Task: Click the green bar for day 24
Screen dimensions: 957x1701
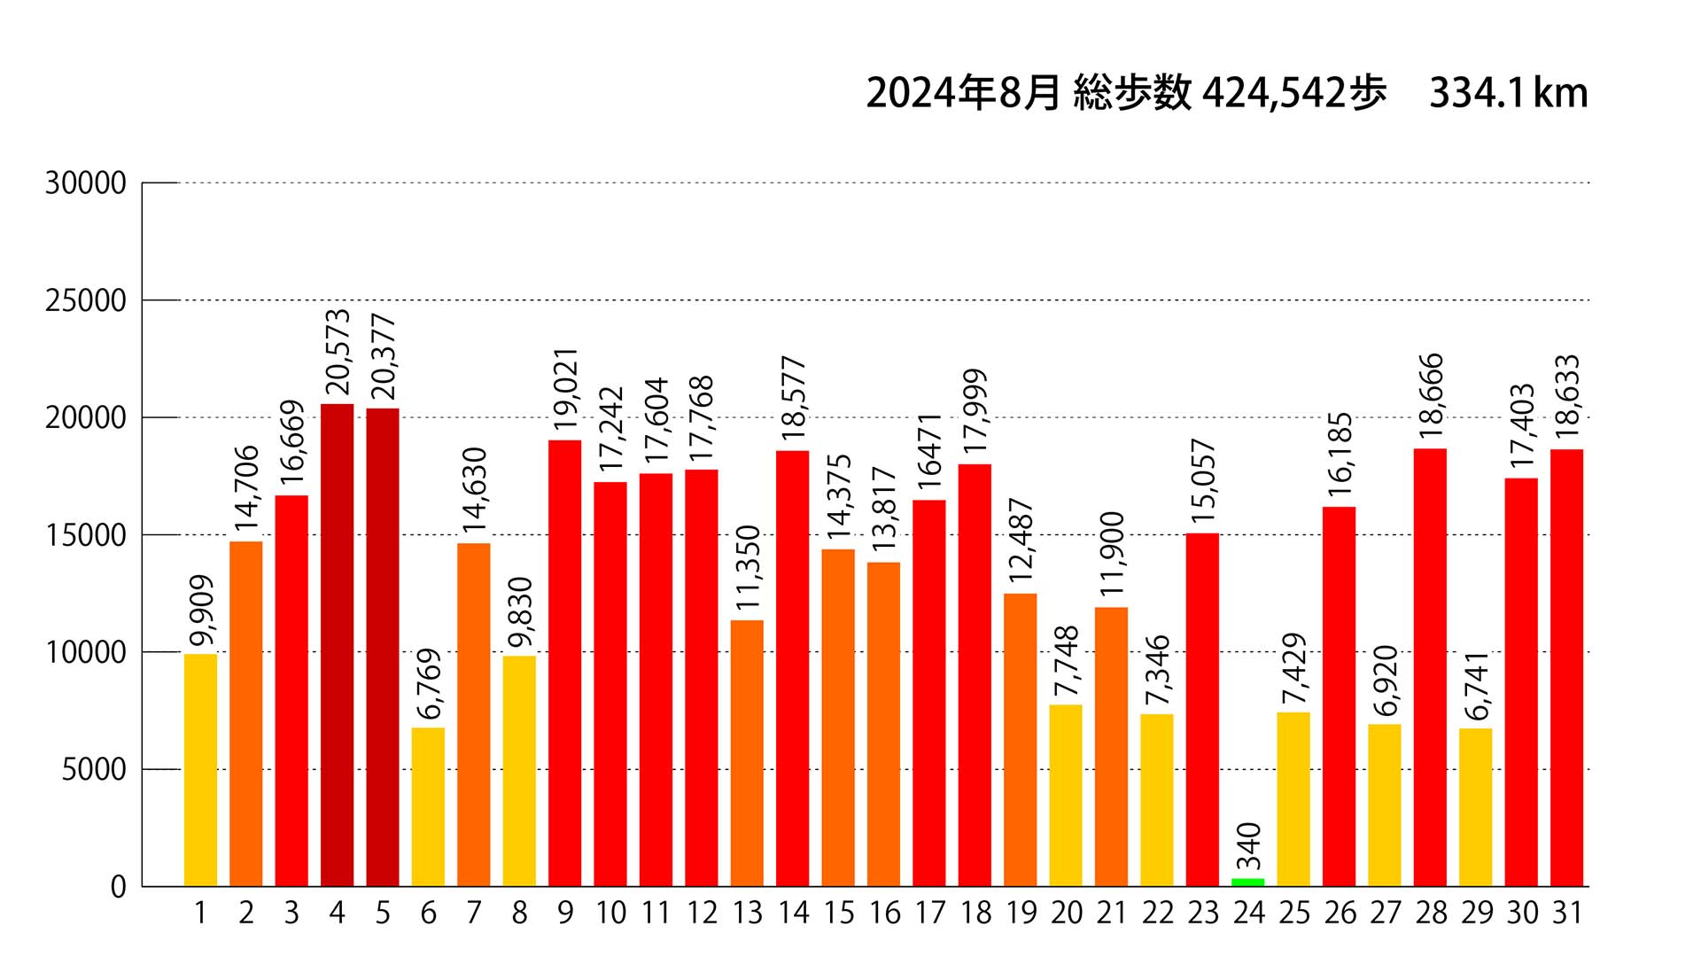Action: click(1247, 882)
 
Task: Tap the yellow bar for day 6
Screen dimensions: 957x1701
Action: click(428, 806)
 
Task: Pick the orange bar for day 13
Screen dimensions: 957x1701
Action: click(747, 753)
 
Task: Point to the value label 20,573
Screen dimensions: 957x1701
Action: click(338, 352)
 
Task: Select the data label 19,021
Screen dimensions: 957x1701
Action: click(565, 390)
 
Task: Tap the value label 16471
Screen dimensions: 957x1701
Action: click(929, 452)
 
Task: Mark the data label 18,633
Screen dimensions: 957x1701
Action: click(1567, 397)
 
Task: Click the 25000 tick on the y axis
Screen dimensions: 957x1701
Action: click(86, 301)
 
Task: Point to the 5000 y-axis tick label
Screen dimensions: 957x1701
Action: click(94, 770)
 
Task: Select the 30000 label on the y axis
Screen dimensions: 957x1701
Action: click(86, 183)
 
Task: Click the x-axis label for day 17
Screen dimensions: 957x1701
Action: click(929, 913)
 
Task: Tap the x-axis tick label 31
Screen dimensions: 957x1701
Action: click(1566, 913)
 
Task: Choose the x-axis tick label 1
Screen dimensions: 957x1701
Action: click(200, 913)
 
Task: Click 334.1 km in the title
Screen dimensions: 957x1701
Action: click(1508, 93)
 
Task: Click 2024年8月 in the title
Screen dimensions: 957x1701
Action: click(963, 93)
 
